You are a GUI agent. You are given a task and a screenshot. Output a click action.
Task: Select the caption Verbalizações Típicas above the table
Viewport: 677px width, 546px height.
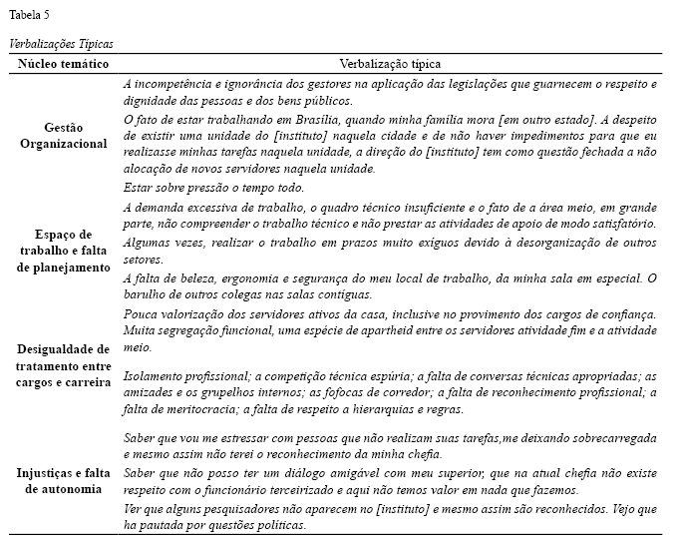coord(61,44)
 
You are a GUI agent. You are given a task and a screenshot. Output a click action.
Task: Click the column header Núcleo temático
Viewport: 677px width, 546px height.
coord(63,63)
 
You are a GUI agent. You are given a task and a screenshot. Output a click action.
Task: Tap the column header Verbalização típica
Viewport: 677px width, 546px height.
coord(390,63)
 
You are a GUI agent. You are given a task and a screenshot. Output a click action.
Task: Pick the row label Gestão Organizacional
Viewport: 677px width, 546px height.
coord(63,136)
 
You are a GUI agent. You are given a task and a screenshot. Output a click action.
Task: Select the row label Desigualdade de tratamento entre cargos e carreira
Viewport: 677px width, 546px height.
coord(63,365)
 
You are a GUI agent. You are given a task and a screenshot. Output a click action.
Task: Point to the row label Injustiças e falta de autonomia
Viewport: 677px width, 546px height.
coord(63,481)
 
